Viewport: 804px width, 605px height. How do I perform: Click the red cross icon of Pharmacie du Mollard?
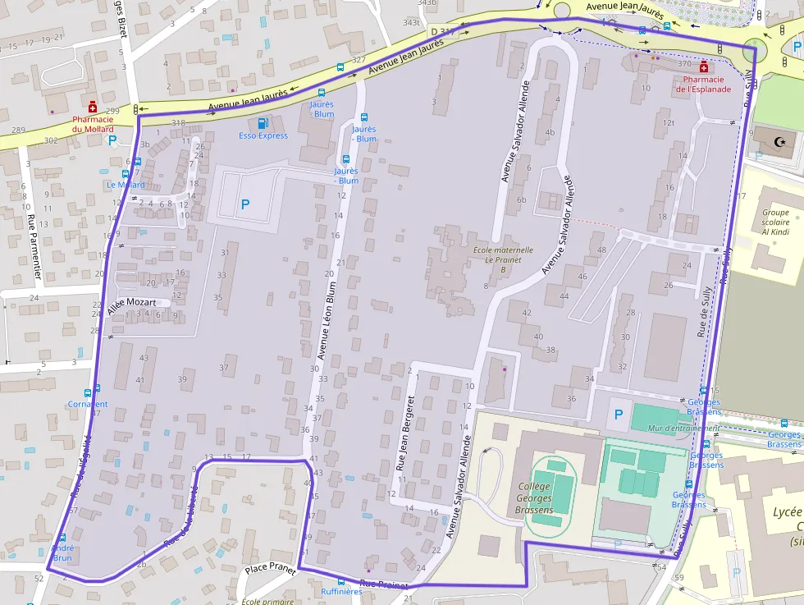(94, 108)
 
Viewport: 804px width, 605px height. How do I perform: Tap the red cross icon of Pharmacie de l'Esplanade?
(704, 66)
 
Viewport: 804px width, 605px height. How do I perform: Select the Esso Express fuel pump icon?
(263, 122)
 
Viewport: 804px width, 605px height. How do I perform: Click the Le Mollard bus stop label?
(125, 185)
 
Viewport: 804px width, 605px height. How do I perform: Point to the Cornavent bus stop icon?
(97, 388)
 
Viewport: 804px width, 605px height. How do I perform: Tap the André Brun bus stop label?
(62, 552)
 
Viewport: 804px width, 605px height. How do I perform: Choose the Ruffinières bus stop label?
(341, 591)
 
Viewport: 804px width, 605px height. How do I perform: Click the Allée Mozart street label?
(131, 303)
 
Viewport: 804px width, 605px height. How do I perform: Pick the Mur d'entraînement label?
(683, 428)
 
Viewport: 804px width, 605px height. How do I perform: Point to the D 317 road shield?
(442, 31)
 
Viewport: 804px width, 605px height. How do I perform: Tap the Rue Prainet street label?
(383, 584)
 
